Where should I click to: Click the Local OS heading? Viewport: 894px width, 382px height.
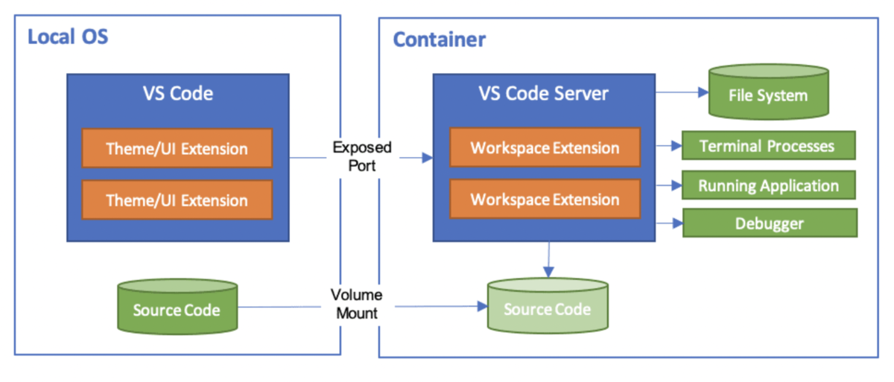[68, 36]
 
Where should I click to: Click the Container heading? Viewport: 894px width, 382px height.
[440, 39]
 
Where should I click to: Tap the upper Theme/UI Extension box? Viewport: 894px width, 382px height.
[177, 148]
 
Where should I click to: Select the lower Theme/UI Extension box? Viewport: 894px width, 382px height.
[177, 200]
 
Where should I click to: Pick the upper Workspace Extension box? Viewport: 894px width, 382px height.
[545, 147]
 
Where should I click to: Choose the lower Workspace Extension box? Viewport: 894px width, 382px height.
[545, 199]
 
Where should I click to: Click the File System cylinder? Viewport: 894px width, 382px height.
[769, 92]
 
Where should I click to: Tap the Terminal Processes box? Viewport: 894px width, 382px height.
[769, 145]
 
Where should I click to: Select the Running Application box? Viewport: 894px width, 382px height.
[769, 185]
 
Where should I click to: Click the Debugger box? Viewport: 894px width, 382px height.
[770, 223]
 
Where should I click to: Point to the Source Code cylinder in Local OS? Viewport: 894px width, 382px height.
[177, 306]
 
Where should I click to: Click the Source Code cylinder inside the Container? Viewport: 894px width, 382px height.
[548, 305]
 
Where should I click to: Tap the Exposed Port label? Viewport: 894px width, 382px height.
[362, 156]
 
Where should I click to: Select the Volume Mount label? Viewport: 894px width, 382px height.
[357, 304]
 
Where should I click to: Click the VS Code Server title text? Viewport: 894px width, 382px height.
[544, 94]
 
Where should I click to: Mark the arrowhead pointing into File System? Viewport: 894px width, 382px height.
[703, 92]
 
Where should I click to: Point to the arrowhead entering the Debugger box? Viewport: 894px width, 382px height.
[677, 223]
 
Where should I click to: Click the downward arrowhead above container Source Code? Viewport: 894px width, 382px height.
[548, 273]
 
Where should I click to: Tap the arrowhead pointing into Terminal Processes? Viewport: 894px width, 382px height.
[676, 146]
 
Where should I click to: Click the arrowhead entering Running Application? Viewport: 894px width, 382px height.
[676, 185]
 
